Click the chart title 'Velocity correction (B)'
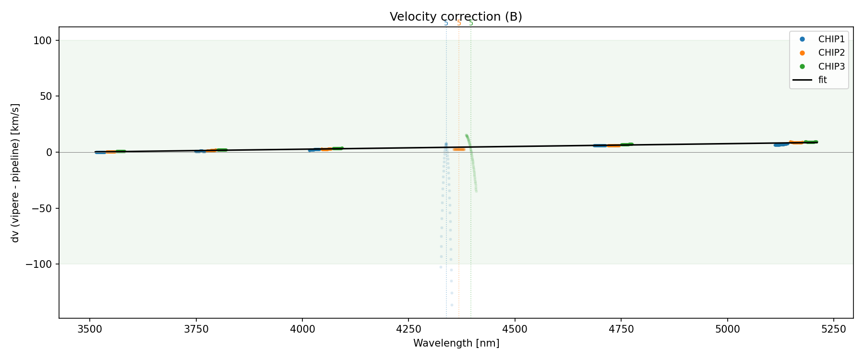click(x=456, y=17)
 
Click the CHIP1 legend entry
click(x=831, y=39)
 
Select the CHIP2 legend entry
click(x=831, y=53)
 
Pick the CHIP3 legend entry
click(x=831, y=67)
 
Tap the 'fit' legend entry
click(x=823, y=80)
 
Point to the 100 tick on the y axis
click(x=45, y=41)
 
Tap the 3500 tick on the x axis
click(x=90, y=329)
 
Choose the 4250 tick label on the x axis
click(x=408, y=329)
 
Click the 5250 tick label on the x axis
click(x=833, y=329)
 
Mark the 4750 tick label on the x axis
click(x=621, y=329)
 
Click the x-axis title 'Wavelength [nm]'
click(x=456, y=343)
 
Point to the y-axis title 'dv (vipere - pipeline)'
click(x=15, y=173)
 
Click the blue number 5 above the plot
click(x=446, y=24)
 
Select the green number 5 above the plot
click(x=471, y=24)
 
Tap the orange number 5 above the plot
click(x=459, y=24)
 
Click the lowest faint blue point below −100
click(x=452, y=305)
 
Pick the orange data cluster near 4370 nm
click(x=459, y=149)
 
